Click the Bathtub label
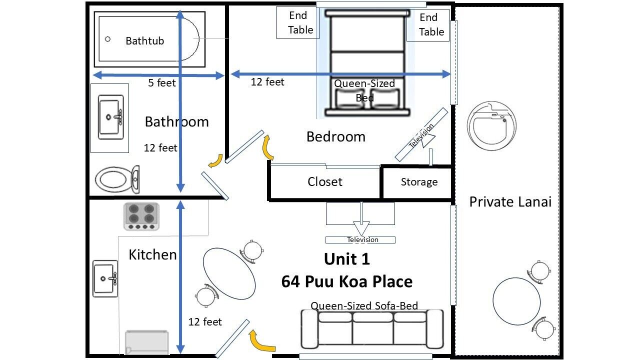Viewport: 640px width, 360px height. (145, 41)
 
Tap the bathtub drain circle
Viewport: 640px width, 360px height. (107, 39)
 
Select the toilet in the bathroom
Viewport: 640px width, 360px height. (117, 179)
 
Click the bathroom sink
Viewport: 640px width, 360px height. (110, 117)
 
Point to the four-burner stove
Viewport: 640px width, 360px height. (141, 216)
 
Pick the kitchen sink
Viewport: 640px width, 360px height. (105, 278)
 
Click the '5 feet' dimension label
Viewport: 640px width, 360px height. (161, 83)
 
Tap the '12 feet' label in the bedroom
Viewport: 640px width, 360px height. (267, 82)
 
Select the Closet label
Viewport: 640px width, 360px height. (325, 181)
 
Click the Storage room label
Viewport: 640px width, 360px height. (419, 182)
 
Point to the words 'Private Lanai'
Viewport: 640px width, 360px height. (510, 201)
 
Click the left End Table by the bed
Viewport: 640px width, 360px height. (297, 22)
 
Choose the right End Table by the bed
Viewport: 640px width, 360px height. (428, 25)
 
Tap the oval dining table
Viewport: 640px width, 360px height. (229, 273)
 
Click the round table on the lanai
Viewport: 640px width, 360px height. (516, 301)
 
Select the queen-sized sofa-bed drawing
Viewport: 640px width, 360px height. (372, 329)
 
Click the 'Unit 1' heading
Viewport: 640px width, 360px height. (347, 259)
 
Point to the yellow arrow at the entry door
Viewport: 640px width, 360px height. (262, 341)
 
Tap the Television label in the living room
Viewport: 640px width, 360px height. (362, 239)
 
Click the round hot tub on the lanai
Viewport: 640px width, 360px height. (491, 125)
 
